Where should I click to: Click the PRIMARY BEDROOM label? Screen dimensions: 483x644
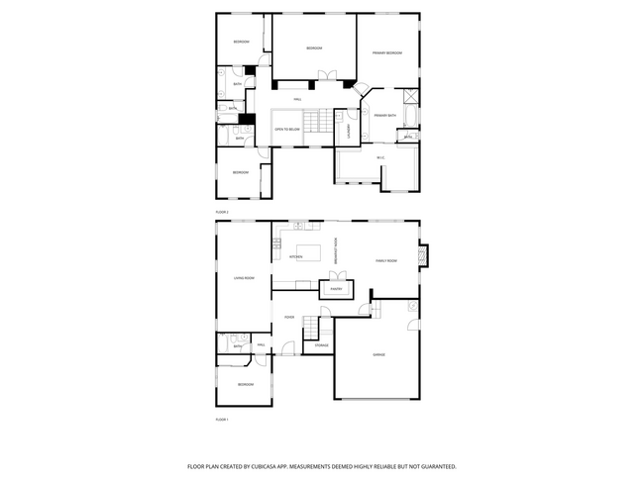[x=387, y=52]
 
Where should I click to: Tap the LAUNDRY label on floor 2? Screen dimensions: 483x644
[x=349, y=128]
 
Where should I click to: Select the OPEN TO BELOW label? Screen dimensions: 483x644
[x=288, y=129]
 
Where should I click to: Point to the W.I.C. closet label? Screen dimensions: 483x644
[x=380, y=158]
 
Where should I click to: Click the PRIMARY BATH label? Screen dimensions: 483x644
[x=385, y=116]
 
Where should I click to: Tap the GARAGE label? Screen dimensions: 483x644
[x=378, y=353]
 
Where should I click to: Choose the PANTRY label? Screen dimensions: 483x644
[x=337, y=289]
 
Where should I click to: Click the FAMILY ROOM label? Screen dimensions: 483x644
[x=386, y=260]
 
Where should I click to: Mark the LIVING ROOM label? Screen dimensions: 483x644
[x=245, y=278]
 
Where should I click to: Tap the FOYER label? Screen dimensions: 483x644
[x=289, y=317]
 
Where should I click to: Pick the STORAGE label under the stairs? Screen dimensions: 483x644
[x=322, y=344]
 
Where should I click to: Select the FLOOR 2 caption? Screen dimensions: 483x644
[x=222, y=212]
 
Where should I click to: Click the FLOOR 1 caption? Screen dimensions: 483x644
[x=222, y=420]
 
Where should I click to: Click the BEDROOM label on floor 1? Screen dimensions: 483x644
[x=246, y=384]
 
